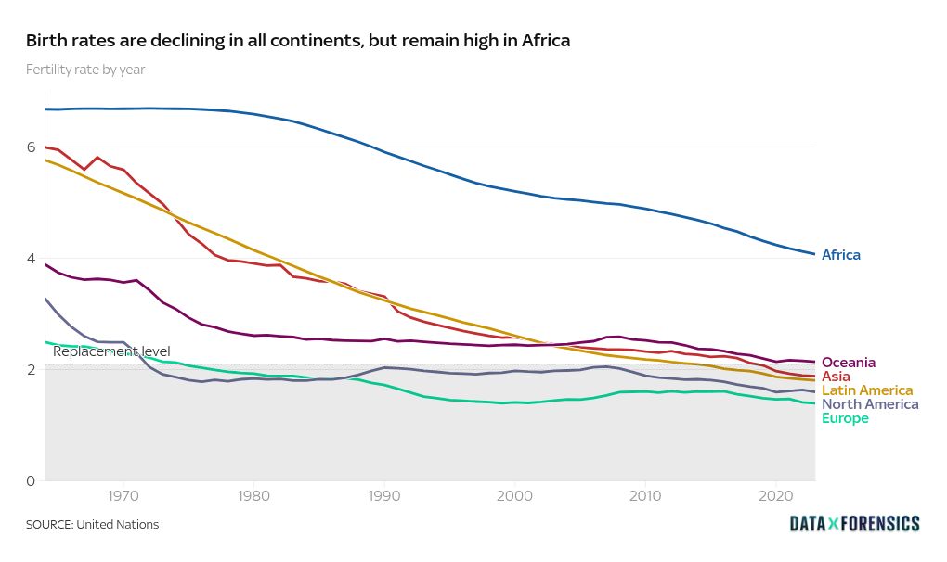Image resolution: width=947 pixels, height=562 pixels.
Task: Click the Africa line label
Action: [x=841, y=255]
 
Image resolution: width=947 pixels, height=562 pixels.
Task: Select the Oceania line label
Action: [x=849, y=363]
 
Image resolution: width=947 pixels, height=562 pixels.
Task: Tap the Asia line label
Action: [x=837, y=377]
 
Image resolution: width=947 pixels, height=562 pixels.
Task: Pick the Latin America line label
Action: [x=867, y=390]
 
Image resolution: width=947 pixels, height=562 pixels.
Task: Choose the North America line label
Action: [x=870, y=404]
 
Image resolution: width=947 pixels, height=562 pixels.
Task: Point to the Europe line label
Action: [x=845, y=418]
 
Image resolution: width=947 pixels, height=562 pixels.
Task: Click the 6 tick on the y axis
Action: [x=31, y=147]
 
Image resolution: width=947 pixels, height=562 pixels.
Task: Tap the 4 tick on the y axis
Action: [x=31, y=259]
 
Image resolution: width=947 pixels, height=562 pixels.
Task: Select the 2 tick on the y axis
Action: [x=31, y=370]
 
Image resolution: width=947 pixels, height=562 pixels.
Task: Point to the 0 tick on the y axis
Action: [x=31, y=480]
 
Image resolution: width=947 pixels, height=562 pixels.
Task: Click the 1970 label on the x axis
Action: [x=123, y=497]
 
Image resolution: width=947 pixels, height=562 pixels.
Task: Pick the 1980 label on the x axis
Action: [x=253, y=497]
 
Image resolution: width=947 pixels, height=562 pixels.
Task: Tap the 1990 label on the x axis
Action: [x=384, y=497]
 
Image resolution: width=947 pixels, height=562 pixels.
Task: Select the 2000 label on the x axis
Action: [x=515, y=497]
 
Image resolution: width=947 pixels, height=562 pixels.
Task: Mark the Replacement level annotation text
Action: [x=111, y=351]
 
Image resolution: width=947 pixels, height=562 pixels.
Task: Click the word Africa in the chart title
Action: [x=545, y=41]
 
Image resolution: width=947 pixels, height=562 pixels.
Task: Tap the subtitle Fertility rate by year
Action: [x=85, y=70]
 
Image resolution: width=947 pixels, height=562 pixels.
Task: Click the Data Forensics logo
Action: [x=854, y=524]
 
